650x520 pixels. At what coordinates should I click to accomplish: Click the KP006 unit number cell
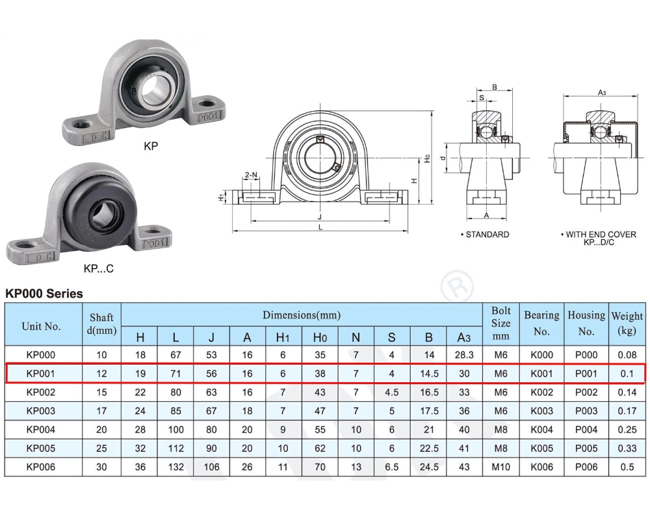[x=41, y=467]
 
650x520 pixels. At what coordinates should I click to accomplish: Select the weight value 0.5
[x=627, y=467]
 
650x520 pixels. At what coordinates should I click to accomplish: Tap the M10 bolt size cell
[x=500, y=467]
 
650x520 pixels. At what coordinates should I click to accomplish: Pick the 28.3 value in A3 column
[x=464, y=355]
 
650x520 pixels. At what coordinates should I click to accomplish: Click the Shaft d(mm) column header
[x=101, y=324]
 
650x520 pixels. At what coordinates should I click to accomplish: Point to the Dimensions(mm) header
[x=301, y=315]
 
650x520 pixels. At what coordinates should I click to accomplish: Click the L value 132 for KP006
[x=175, y=467]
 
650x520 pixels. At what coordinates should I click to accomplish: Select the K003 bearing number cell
[x=541, y=411]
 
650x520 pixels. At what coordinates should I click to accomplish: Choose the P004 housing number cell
[x=586, y=430]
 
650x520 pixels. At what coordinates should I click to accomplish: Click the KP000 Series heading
[x=44, y=294]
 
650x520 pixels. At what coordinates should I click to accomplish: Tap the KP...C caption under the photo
[x=98, y=268]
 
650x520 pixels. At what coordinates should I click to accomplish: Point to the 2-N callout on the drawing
[x=251, y=175]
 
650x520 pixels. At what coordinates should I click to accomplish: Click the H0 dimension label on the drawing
[x=427, y=158]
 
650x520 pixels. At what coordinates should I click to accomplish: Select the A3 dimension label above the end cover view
[x=601, y=93]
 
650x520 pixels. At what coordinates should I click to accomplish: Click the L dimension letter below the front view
[x=320, y=227]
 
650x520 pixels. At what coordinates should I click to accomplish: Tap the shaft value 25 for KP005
[x=101, y=448]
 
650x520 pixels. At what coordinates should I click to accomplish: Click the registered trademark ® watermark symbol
[x=457, y=287]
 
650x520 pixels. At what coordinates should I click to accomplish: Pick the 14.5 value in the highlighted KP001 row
[x=428, y=374]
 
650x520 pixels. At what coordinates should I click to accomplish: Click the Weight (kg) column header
[x=627, y=324]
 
